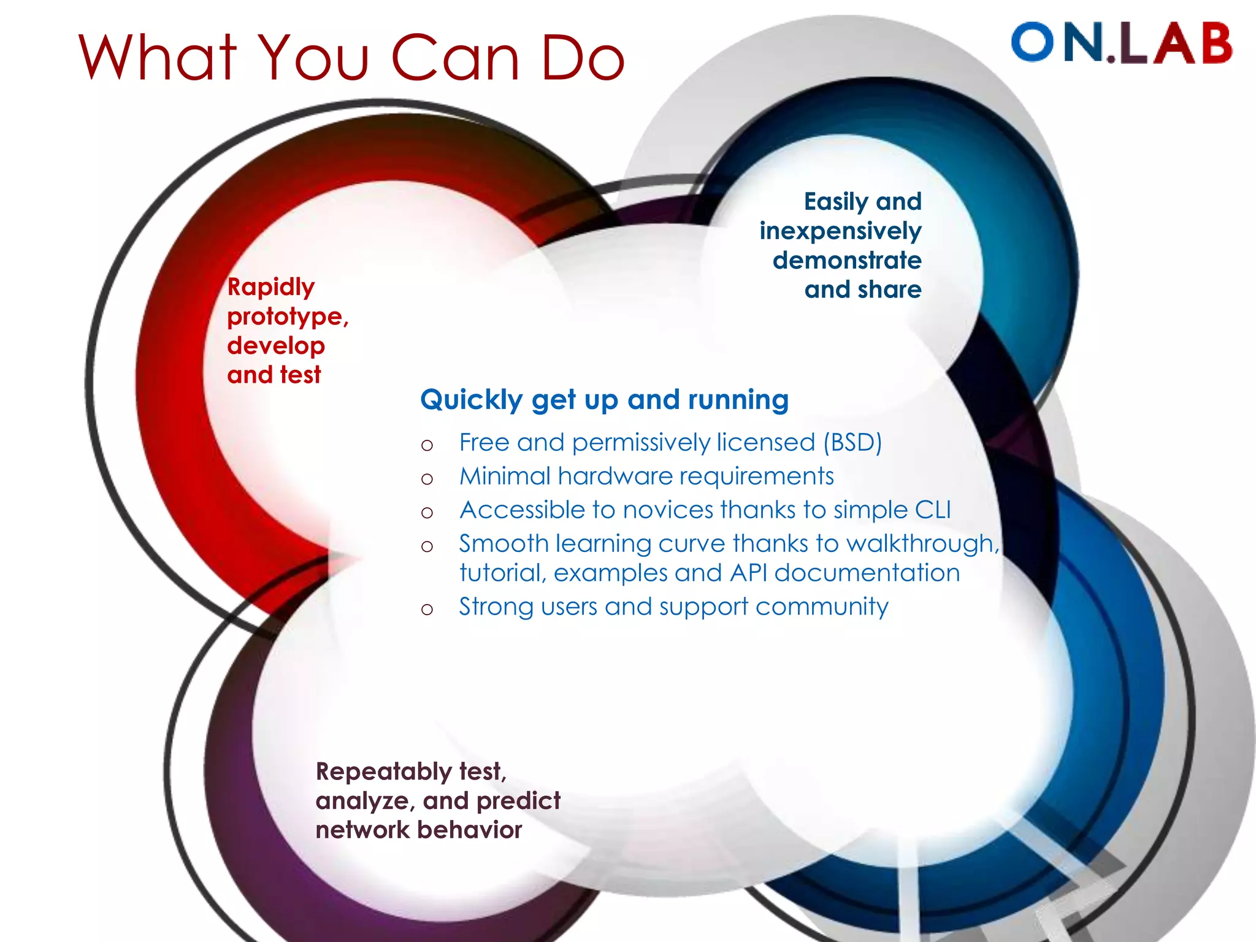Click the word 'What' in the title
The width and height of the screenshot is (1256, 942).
point(158,58)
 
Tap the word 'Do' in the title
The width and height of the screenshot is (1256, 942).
point(582,58)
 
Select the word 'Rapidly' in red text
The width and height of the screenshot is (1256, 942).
point(270,287)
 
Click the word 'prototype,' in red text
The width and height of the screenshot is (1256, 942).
point(288,317)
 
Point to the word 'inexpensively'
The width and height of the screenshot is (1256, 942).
point(840,231)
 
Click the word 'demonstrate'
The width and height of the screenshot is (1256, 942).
point(847,261)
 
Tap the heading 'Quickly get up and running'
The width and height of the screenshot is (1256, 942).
point(604,400)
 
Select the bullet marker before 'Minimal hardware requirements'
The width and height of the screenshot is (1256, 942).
point(427,479)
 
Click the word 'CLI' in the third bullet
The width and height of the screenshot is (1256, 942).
point(932,510)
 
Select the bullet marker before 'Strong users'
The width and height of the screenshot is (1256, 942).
point(427,610)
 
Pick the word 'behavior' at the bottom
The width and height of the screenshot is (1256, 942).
point(470,830)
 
